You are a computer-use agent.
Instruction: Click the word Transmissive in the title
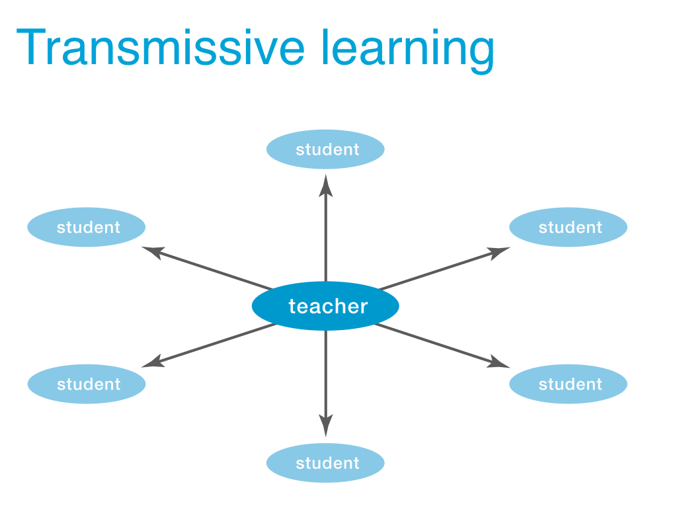[x=161, y=47]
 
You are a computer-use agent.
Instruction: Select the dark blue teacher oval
[x=325, y=306]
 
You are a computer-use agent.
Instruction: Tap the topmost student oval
[x=325, y=149]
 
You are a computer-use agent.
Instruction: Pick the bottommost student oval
[x=325, y=463]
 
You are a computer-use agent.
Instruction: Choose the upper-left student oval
[x=87, y=228]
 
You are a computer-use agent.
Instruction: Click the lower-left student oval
[x=87, y=384]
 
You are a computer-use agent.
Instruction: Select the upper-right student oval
[x=568, y=228]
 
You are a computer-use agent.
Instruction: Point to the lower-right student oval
[x=568, y=384]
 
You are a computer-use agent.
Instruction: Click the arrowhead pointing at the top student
[x=325, y=186]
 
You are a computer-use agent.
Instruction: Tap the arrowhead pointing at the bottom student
[x=325, y=426]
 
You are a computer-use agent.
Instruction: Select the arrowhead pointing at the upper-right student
[x=498, y=252]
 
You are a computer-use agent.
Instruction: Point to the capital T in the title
[x=31, y=47]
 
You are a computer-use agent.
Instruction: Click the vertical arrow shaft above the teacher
[x=325, y=238]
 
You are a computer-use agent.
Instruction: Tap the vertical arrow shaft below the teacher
[x=325, y=374]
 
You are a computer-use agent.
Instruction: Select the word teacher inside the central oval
[x=328, y=306]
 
